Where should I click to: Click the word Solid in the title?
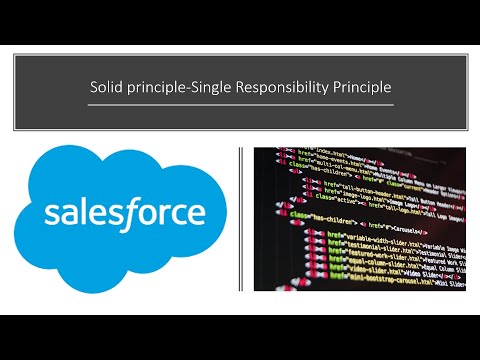click(x=105, y=87)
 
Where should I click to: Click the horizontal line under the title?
click(x=240, y=103)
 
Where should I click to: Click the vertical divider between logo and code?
click(x=240, y=220)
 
